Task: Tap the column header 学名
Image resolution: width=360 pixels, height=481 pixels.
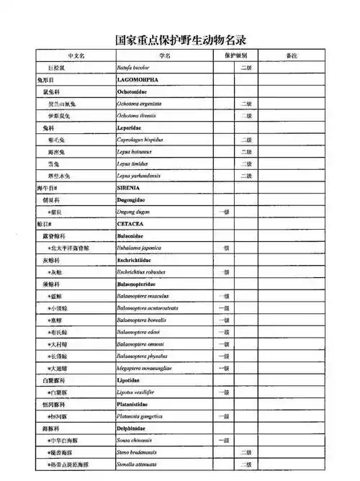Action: [164, 55]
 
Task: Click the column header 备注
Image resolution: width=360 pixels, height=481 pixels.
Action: [292, 55]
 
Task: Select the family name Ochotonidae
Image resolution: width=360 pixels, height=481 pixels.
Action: [135, 92]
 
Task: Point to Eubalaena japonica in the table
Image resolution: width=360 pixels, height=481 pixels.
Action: [140, 248]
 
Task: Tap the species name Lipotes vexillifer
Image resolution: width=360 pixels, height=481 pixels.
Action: [137, 392]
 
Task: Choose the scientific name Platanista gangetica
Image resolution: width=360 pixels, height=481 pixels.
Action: [142, 416]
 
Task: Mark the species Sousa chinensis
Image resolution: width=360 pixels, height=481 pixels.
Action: [137, 440]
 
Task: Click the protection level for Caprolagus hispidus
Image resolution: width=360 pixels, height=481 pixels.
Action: [246, 140]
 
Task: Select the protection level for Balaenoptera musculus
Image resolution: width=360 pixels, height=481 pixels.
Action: [224, 296]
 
